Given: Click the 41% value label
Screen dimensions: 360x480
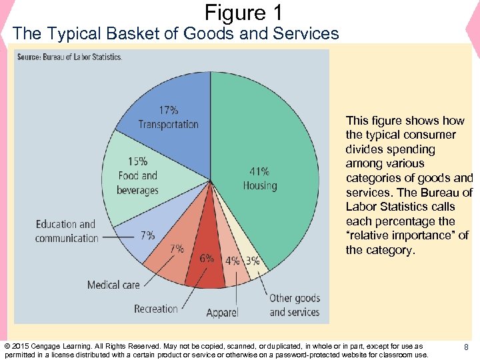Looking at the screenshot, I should point(259,171).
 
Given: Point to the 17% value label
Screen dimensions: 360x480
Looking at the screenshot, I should point(168,110).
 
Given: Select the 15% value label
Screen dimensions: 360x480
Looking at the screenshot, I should point(137,161).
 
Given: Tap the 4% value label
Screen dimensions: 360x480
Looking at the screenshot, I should point(233,261).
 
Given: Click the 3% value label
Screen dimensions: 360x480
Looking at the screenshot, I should point(253,261).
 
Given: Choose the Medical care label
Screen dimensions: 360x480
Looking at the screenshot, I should point(113,285).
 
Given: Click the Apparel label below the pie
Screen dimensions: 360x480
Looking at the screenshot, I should point(222,313).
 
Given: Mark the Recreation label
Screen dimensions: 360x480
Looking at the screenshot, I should point(156,309).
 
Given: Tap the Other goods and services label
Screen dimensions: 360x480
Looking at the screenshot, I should point(295,305).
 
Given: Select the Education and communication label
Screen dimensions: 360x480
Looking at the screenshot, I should point(66,231).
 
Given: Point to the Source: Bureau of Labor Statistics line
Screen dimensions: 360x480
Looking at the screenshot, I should point(69,57).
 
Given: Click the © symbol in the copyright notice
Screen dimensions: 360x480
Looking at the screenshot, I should point(7,347).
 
